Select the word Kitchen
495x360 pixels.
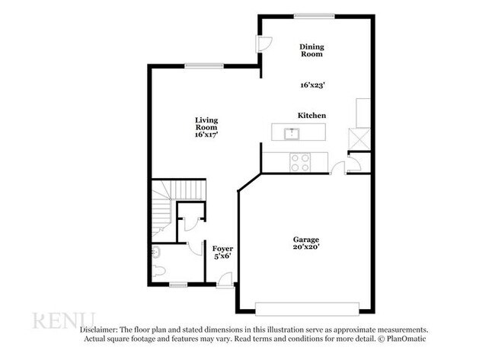pos(311,115)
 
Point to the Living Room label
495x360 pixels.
pos(206,123)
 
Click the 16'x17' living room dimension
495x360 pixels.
pos(206,135)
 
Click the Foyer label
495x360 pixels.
pos(222,249)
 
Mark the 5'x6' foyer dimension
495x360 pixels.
pos(222,257)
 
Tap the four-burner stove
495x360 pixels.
pos(300,161)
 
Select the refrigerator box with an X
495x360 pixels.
pos(357,139)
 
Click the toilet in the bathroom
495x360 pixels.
pos(158,270)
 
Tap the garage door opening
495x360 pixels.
pos(308,307)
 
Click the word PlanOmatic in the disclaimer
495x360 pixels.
pos(407,339)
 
